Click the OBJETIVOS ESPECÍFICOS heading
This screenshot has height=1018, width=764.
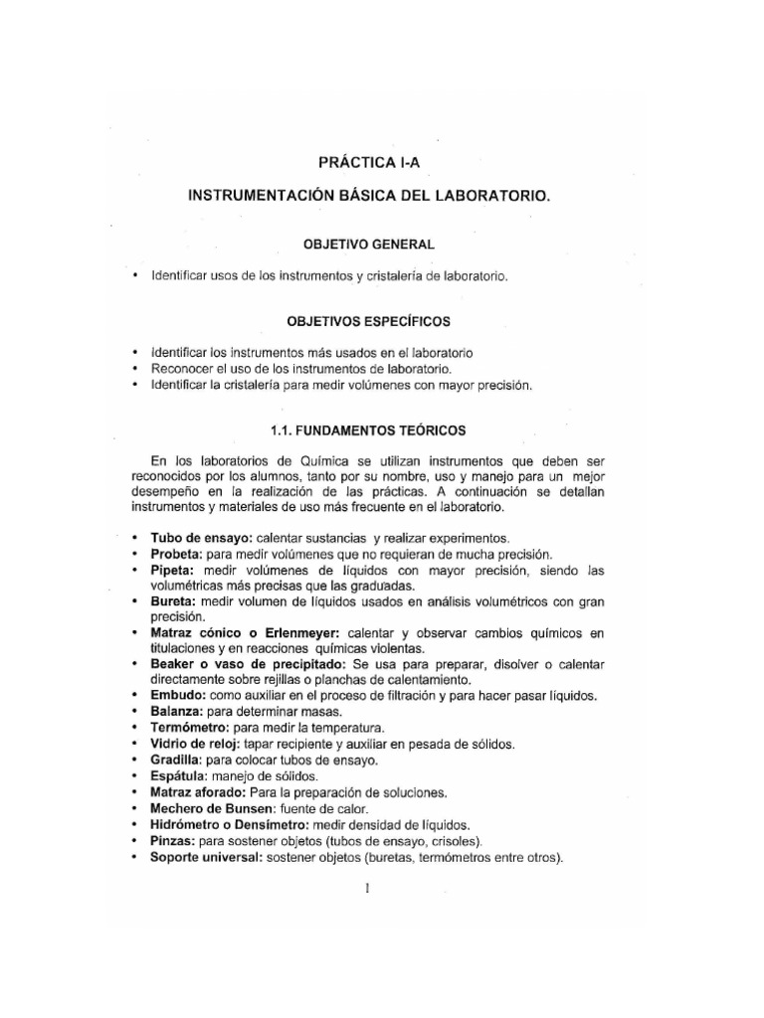368,321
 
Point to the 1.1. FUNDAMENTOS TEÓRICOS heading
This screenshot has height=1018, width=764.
367,429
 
